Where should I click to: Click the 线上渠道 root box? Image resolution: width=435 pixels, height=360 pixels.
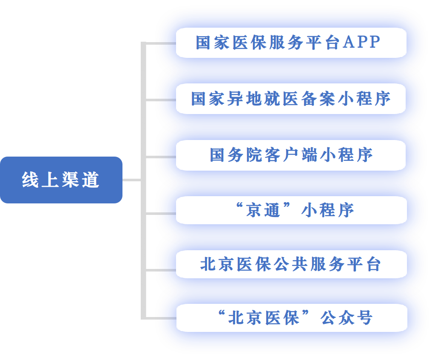[61, 180]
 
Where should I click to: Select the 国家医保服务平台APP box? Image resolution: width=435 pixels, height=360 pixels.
[291, 43]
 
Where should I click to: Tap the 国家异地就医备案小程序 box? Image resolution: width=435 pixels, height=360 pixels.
[291, 99]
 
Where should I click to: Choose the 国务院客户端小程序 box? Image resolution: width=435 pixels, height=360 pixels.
[291, 155]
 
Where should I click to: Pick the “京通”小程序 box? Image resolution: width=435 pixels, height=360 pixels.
[291, 210]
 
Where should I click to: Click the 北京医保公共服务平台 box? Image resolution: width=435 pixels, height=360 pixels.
[291, 265]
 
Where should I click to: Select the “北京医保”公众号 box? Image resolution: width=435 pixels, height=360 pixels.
[291, 318]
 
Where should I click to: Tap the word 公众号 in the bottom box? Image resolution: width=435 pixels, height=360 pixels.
[347, 318]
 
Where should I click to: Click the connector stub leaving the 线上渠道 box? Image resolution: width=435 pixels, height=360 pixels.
[132, 180]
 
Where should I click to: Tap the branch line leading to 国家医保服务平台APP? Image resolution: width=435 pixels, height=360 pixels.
[161, 43]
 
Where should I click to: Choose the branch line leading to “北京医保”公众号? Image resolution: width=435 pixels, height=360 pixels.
[161, 318]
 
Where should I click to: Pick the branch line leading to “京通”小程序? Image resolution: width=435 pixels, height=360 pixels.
[161, 212]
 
